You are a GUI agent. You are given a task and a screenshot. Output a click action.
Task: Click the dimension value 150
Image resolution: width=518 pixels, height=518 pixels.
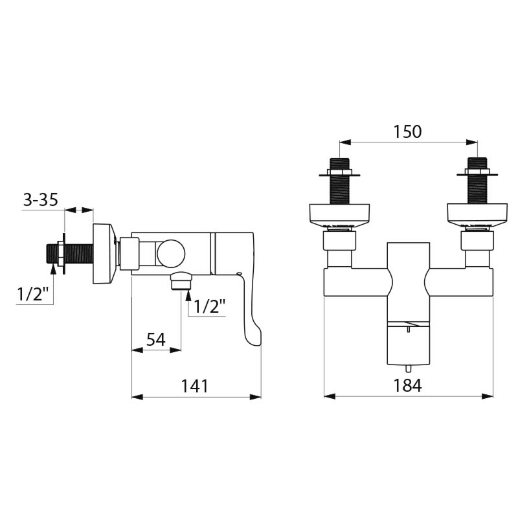click(x=407, y=131)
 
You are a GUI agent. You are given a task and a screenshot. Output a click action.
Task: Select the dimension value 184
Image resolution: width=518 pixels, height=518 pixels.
click(x=407, y=385)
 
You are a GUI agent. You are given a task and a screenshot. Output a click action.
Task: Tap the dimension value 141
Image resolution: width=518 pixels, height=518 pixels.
click(x=194, y=386)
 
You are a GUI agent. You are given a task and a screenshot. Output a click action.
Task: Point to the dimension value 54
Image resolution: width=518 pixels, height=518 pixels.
click(x=155, y=339)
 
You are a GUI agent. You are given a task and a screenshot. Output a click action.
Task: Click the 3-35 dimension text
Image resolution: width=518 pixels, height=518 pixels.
click(x=40, y=200)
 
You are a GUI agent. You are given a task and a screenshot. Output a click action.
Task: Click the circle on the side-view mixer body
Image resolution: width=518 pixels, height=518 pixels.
click(x=171, y=253)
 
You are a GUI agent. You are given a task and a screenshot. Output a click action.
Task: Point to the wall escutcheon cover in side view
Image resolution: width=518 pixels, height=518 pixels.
click(x=104, y=253)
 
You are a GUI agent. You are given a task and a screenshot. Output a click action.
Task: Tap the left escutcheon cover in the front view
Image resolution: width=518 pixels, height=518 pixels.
click(x=340, y=214)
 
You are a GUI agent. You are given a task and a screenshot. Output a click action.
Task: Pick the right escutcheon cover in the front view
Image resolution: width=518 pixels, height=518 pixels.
click(x=477, y=214)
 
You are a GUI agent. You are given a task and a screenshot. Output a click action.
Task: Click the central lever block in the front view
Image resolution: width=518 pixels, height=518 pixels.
click(x=408, y=304)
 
